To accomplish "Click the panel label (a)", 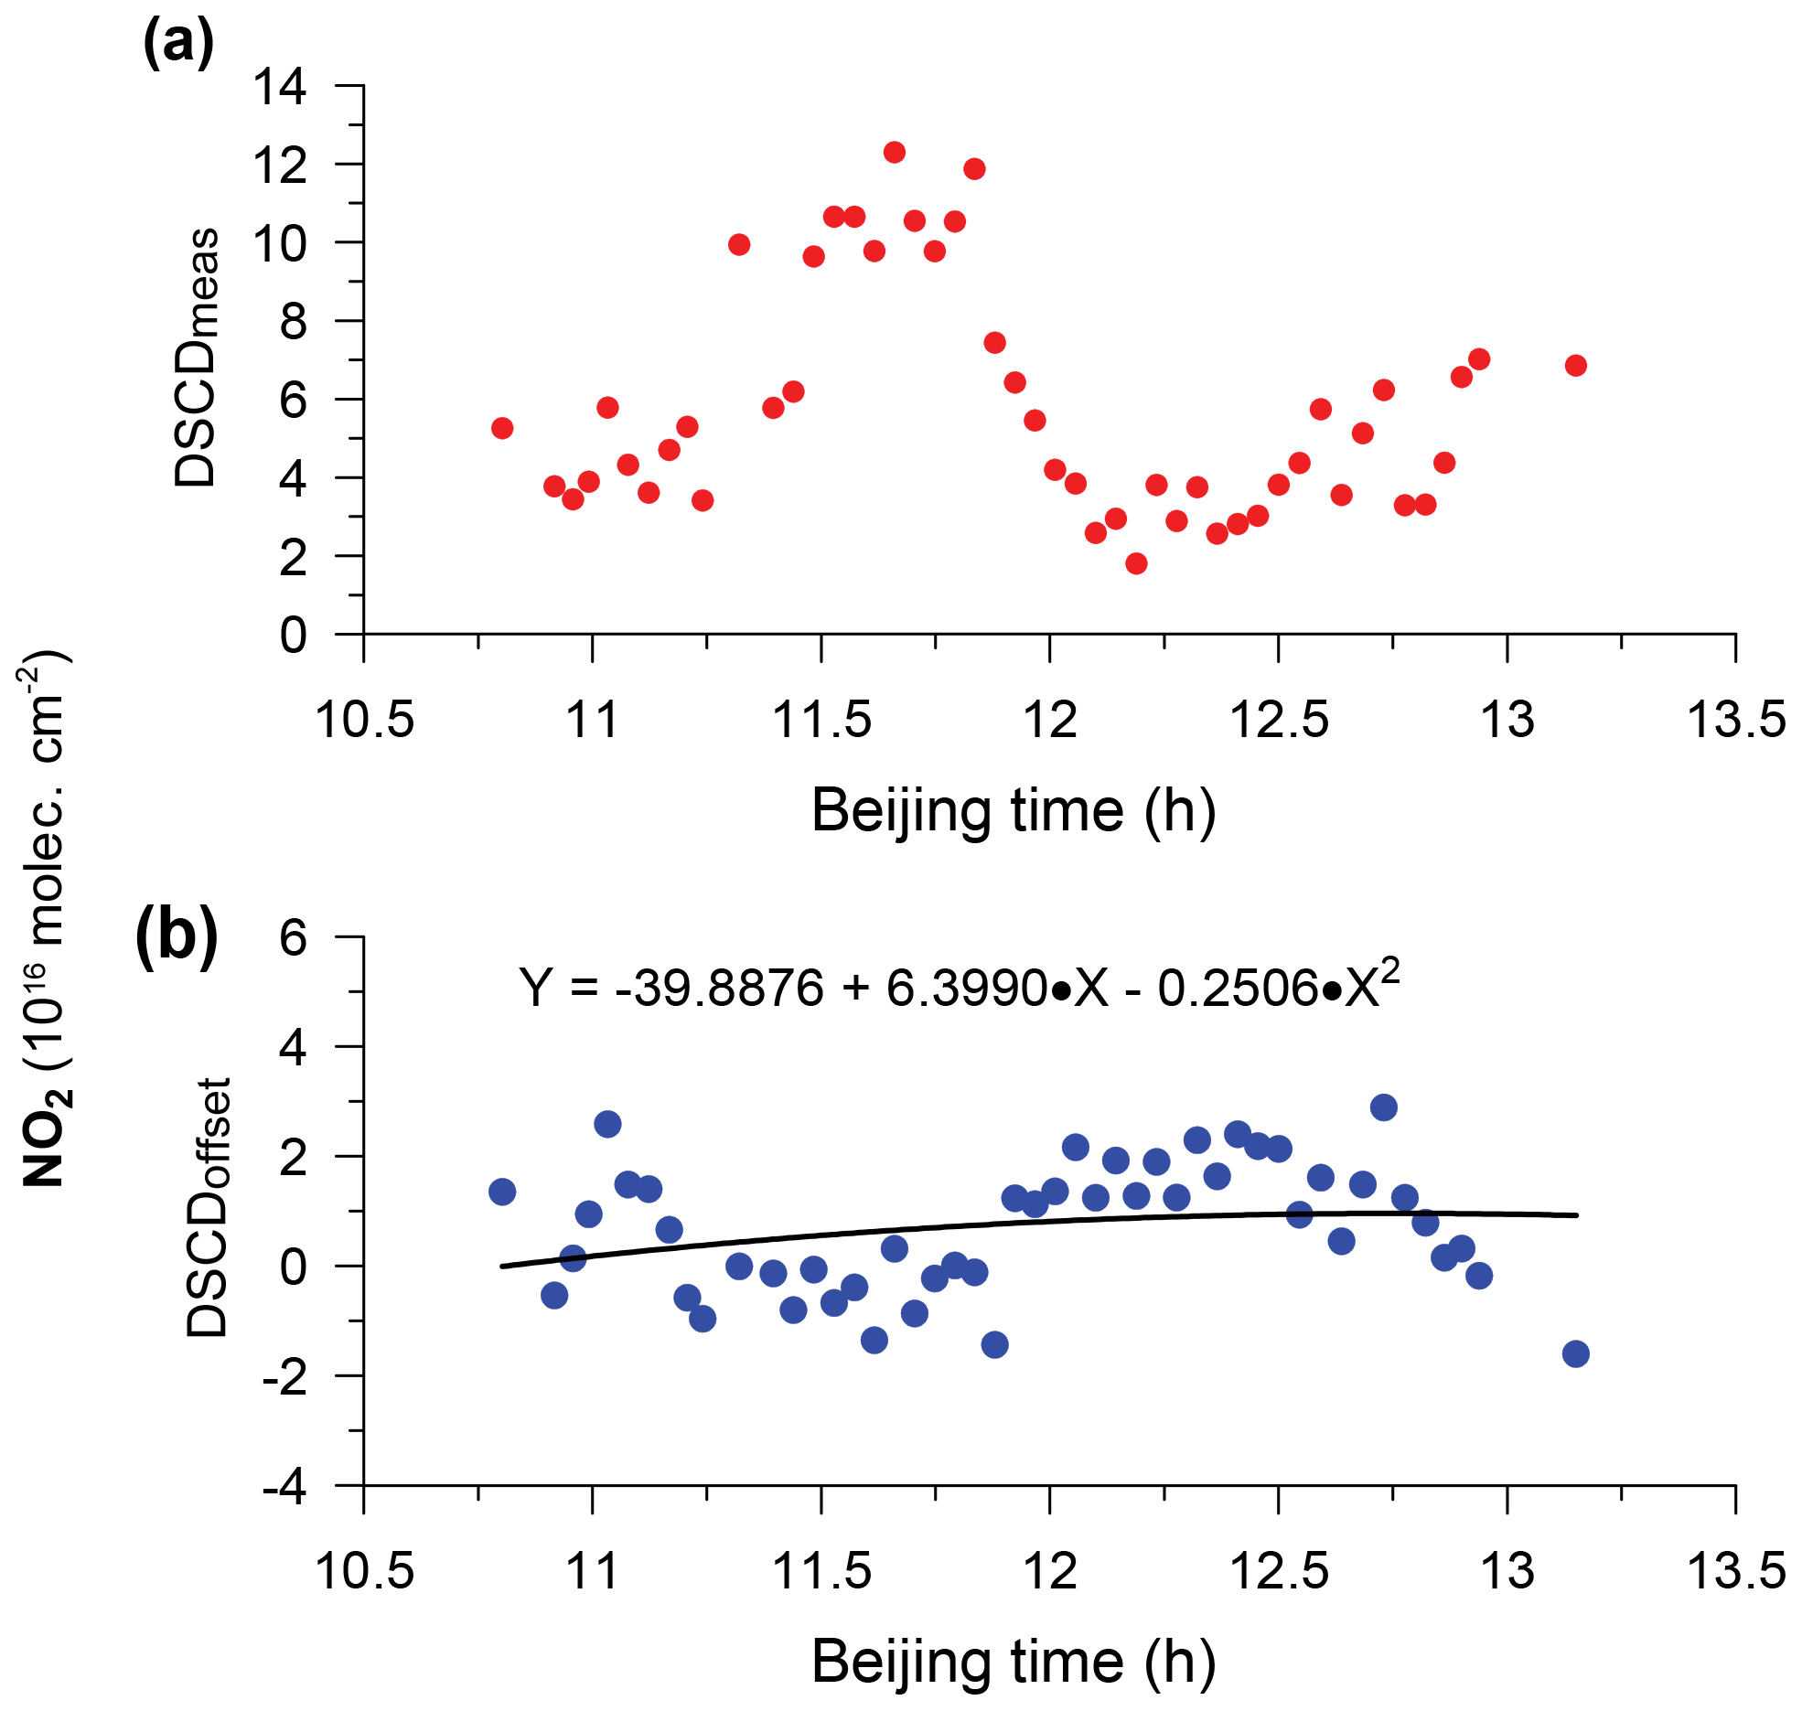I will coord(179,42).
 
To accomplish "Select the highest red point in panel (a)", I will coord(895,152).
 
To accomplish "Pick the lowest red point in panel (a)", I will coord(1136,563).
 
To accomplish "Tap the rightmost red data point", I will coord(1575,365).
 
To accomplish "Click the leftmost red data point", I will coord(501,428).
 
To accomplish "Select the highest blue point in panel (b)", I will coord(1384,1107).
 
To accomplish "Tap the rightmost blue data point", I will coord(1575,1354).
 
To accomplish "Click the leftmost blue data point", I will coord(501,1192).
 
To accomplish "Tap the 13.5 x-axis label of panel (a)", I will coord(1735,719).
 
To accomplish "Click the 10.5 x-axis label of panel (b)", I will coord(364,1571).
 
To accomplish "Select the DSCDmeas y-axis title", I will coord(197,357).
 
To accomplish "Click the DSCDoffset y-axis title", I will coord(208,1208).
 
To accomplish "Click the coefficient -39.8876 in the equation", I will coord(719,989).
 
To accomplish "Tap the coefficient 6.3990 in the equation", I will coord(966,989).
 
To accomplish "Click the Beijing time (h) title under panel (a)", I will coord(1014,810).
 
